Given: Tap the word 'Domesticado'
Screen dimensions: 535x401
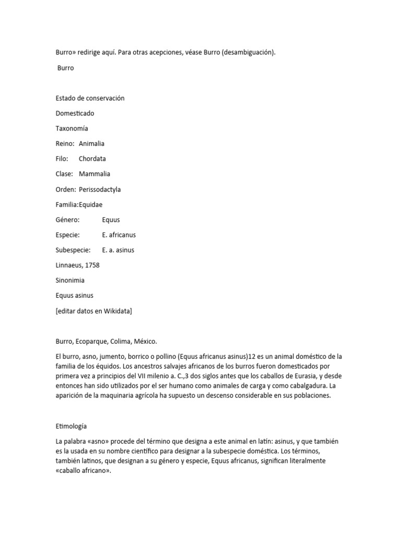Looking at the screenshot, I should point(75,113).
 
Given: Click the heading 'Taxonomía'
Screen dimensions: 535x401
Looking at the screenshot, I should point(72,129).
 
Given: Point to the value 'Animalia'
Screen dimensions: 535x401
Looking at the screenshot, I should point(91,144).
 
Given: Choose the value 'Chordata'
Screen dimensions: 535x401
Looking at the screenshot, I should point(92,159).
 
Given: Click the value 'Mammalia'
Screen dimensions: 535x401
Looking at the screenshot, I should point(95,174).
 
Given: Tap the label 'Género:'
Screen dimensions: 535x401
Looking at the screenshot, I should point(67,220).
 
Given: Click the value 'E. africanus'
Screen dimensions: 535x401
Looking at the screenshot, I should point(119,235).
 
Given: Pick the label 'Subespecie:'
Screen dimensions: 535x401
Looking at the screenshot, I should point(73,250).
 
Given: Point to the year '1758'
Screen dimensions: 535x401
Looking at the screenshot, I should point(91,265).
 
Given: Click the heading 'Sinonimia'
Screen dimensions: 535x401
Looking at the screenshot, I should point(70,281).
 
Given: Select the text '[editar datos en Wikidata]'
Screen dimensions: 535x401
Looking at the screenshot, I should point(93,311).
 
